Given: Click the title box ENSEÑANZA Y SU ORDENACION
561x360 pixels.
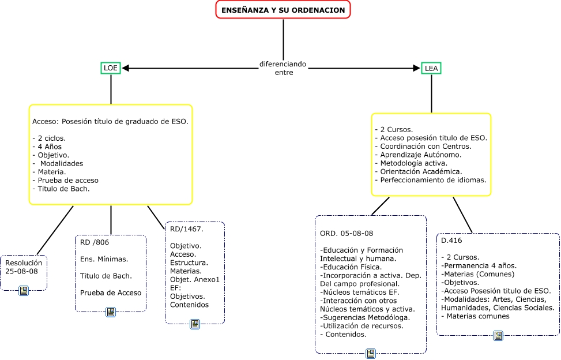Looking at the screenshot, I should point(283,10).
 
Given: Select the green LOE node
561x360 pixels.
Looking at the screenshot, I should point(110,68).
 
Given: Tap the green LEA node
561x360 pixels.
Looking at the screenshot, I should point(431,68).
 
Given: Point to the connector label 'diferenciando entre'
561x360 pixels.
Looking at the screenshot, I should point(283,68).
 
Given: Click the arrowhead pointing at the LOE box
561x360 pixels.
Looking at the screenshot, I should point(125,68).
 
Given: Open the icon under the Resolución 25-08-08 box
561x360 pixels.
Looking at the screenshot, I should point(24,290).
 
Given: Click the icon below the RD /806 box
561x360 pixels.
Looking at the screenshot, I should point(111,312).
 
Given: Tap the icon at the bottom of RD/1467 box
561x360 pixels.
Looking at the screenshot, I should point(195,324).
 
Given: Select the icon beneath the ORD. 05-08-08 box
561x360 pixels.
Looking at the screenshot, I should point(371,353).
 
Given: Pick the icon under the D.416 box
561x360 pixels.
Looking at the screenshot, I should point(498,335).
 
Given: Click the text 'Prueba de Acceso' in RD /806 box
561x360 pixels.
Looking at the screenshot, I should point(111,292).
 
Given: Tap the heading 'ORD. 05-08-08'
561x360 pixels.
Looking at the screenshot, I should point(346,233).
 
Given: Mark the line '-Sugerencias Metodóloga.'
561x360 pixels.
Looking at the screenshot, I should point(365,317).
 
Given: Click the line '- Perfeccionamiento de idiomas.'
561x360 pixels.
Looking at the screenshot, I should point(431,180).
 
